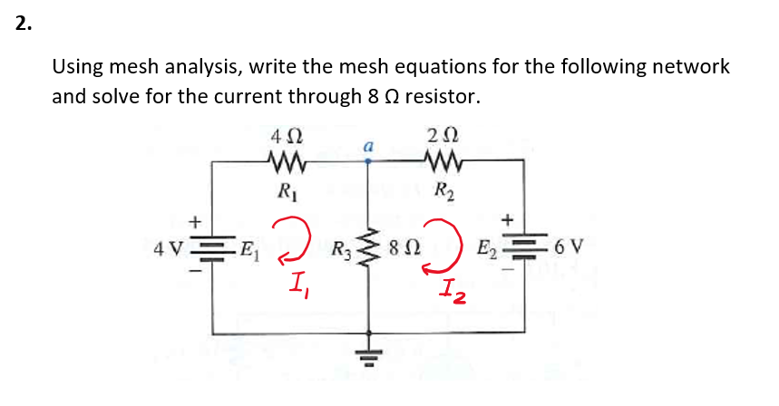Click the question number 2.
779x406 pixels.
point(23,24)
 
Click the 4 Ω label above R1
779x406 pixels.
point(281,138)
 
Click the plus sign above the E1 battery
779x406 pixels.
point(192,220)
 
